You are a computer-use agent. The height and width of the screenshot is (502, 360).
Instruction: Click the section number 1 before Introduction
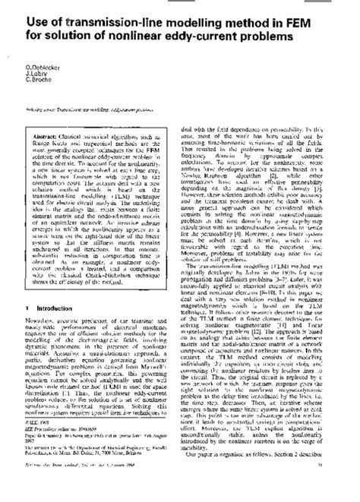28,329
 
